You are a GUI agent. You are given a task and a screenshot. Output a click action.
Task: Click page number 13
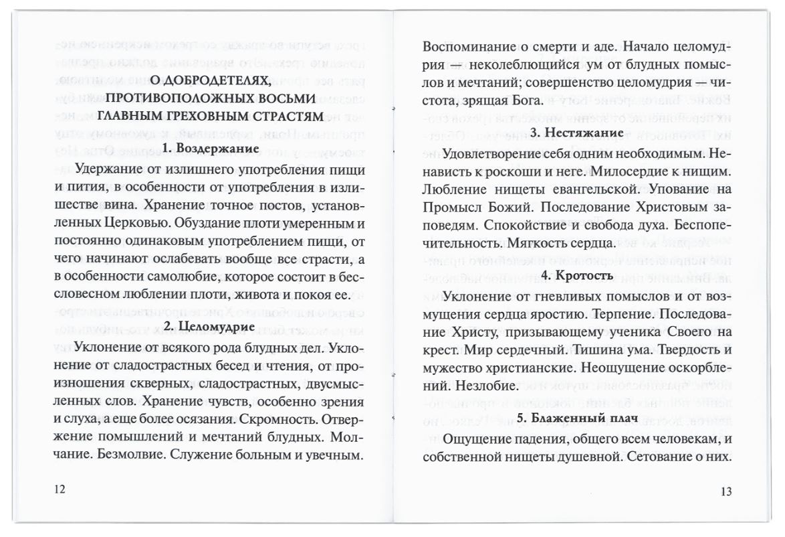(727, 492)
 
